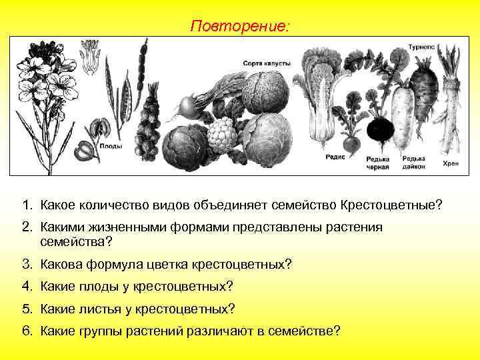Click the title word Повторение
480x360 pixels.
(x=239, y=26)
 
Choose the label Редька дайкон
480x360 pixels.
(x=415, y=163)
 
